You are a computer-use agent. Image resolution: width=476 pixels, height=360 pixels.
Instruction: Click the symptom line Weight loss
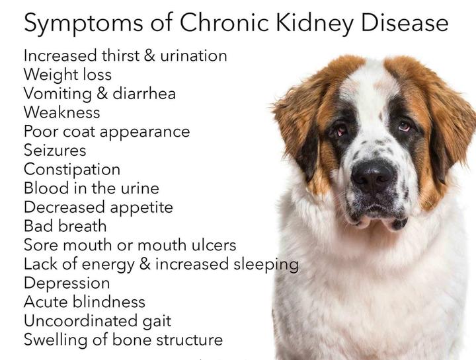click(x=67, y=75)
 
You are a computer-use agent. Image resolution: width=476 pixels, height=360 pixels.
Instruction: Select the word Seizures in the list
click(x=55, y=151)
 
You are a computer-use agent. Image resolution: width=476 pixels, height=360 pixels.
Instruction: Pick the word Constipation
click(x=72, y=170)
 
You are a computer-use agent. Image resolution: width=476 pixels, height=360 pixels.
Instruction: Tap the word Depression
click(x=67, y=283)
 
